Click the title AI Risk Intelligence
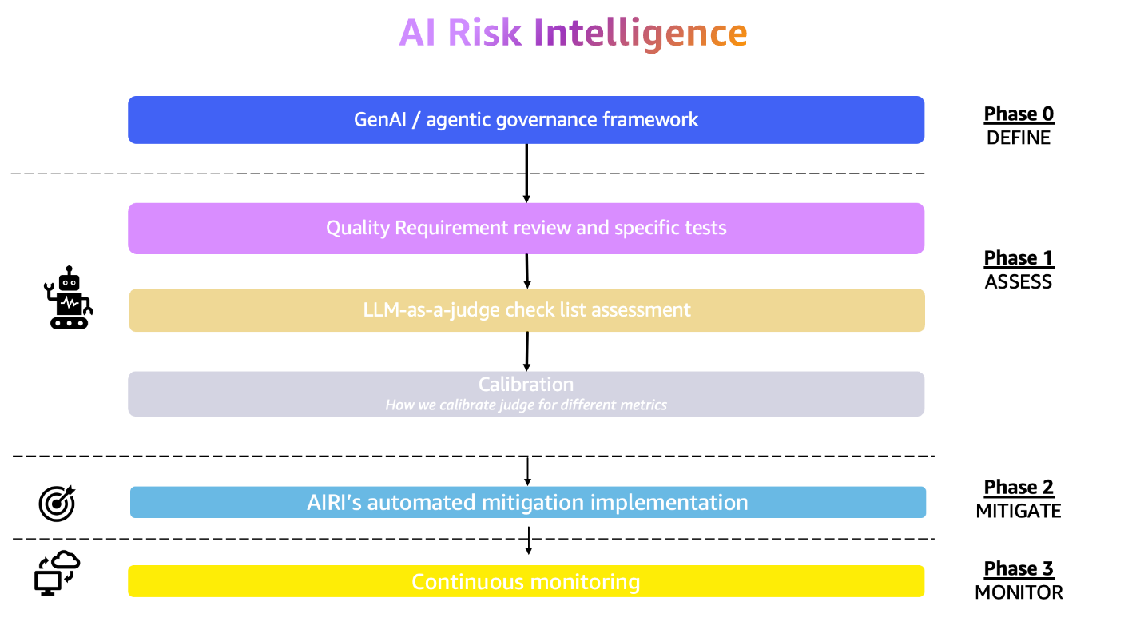click(x=573, y=34)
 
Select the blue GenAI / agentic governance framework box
click(x=526, y=120)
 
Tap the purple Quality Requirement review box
click(x=526, y=229)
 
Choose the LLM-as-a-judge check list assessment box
click(x=526, y=310)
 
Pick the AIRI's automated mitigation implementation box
click(x=527, y=503)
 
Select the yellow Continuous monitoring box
click(x=526, y=581)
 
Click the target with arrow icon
click(x=57, y=502)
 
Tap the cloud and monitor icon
click(x=58, y=572)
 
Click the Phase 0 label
click(x=1019, y=114)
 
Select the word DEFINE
click(x=1019, y=138)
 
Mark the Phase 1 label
click(x=1019, y=258)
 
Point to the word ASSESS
click(x=1019, y=282)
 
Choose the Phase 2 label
click(x=1019, y=487)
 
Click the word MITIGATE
click(x=1019, y=511)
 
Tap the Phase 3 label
click(x=1019, y=568)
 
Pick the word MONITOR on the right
click(x=1019, y=592)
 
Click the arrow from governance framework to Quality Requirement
click(x=526, y=173)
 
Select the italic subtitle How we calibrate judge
click(x=526, y=405)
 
